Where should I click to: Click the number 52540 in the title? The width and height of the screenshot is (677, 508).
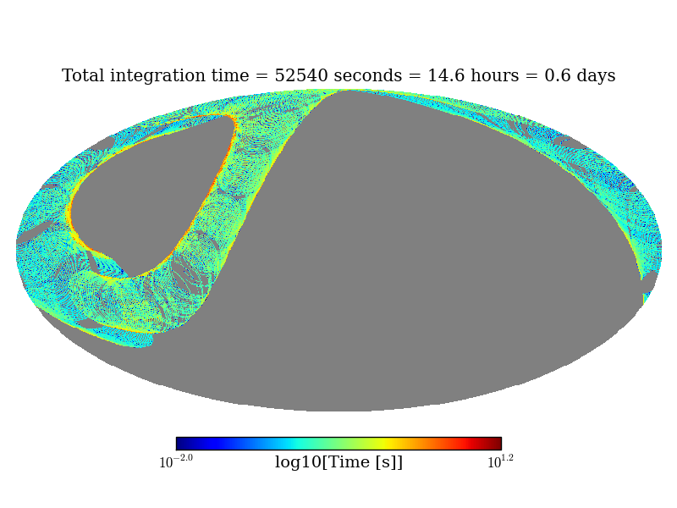pos(301,76)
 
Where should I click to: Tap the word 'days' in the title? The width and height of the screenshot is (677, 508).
pos(596,76)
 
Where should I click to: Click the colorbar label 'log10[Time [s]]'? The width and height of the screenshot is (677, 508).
pos(338,462)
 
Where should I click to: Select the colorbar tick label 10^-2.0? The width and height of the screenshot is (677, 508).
pos(176,462)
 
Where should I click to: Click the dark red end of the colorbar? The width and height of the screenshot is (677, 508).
pos(496,444)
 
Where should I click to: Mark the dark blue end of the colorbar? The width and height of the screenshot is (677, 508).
pos(181,444)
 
